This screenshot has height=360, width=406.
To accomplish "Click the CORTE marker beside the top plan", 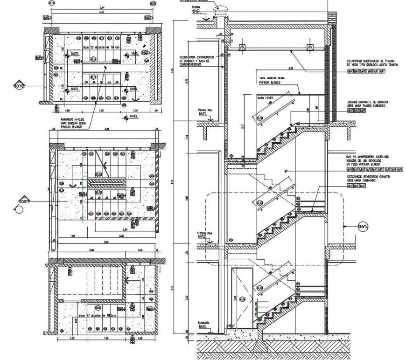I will pyautogui.click(x=19, y=86).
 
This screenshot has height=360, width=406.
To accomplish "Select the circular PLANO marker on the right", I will pyautogui.click(x=364, y=227).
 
